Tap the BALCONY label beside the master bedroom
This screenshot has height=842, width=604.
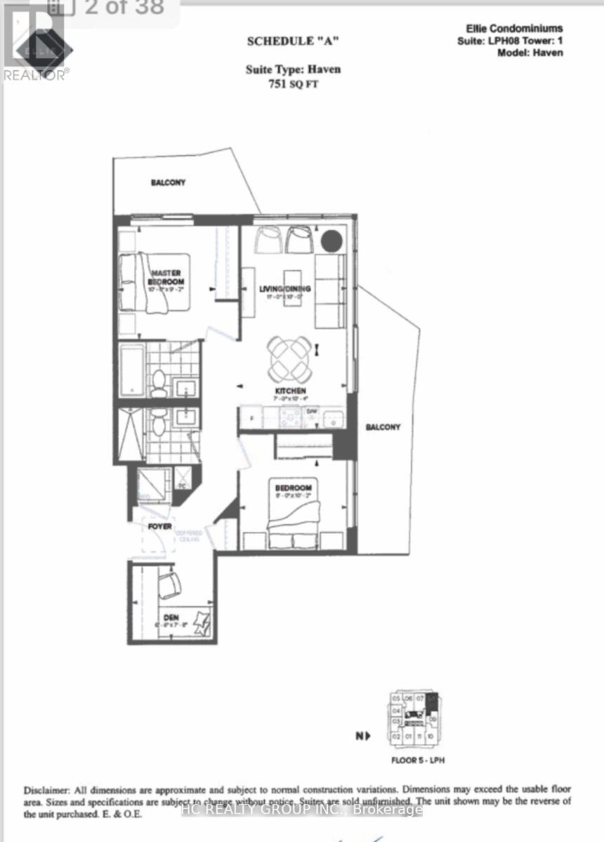point(168,182)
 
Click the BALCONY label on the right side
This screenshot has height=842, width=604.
point(382,427)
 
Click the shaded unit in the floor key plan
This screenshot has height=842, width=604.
point(433,702)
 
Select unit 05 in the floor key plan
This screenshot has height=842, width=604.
point(396,699)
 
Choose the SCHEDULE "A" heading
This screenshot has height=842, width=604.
point(293,41)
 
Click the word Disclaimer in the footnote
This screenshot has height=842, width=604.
point(46,789)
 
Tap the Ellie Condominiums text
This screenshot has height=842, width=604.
point(514,29)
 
